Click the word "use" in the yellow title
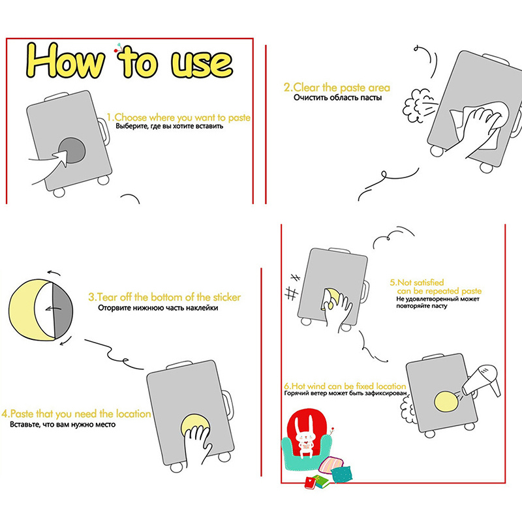(x=202, y=63)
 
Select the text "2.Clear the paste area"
(x=337, y=87)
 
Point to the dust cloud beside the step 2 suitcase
(x=416, y=106)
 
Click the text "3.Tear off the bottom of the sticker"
(x=164, y=297)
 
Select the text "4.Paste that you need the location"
(x=76, y=414)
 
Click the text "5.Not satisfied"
(x=417, y=283)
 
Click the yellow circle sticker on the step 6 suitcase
(x=447, y=401)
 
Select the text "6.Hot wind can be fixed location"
(x=345, y=386)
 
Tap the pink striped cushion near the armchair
(x=330, y=465)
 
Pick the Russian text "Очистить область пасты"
(x=337, y=97)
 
